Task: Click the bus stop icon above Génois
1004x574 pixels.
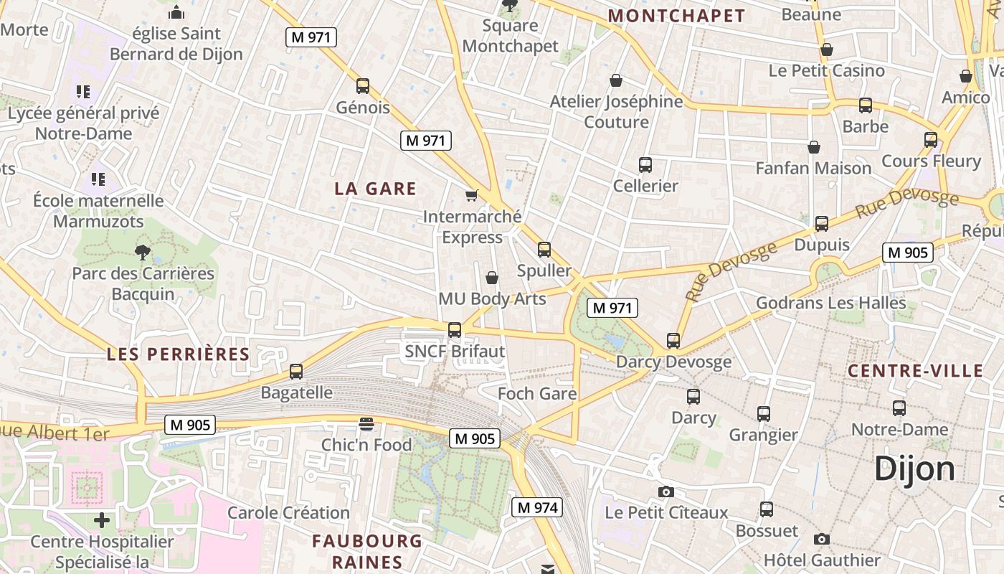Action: pyautogui.click(x=363, y=86)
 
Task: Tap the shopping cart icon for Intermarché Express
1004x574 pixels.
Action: pyautogui.click(x=472, y=195)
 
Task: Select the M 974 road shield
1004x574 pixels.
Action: pyautogui.click(x=537, y=507)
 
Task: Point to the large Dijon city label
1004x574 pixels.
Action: pyautogui.click(x=914, y=469)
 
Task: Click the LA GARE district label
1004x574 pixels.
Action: pyautogui.click(x=375, y=189)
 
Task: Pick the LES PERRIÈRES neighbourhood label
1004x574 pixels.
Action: pyautogui.click(x=178, y=354)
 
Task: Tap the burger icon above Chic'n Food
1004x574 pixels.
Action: pyautogui.click(x=366, y=423)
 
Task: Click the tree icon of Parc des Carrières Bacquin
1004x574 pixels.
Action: pyautogui.click(x=143, y=252)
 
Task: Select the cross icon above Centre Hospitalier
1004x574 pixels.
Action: pyautogui.click(x=102, y=520)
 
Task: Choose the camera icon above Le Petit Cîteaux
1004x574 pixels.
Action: pyautogui.click(x=666, y=491)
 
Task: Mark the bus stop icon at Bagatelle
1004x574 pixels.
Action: pyautogui.click(x=296, y=372)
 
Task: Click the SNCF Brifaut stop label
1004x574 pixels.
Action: pyautogui.click(x=455, y=352)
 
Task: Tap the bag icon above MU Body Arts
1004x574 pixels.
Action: pyautogui.click(x=492, y=278)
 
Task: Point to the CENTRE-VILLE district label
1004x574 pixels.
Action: pyautogui.click(x=915, y=371)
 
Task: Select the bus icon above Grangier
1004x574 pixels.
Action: pyautogui.click(x=764, y=413)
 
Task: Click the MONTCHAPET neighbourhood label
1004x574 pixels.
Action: pyautogui.click(x=676, y=16)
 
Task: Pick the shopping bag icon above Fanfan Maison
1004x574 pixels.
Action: pyautogui.click(x=814, y=147)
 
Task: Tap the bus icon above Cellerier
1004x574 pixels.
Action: pyautogui.click(x=645, y=165)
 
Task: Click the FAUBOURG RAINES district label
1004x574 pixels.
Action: pyautogui.click(x=367, y=551)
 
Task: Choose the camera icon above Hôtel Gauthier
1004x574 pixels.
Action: pyautogui.click(x=822, y=539)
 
